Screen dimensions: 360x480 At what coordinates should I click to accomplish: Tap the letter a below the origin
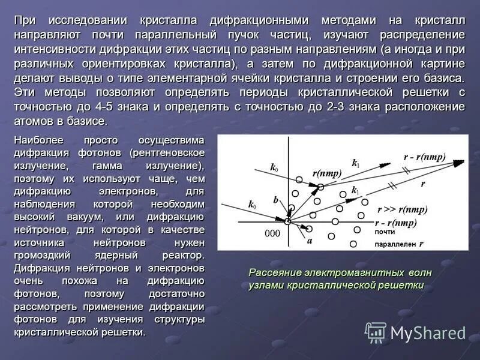(x=310, y=241)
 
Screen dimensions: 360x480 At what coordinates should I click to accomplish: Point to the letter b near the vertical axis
(x=275, y=199)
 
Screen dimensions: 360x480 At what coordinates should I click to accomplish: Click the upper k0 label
(x=274, y=168)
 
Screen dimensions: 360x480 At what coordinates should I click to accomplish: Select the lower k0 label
(x=252, y=205)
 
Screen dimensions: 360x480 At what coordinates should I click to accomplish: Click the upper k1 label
(x=355, y=163)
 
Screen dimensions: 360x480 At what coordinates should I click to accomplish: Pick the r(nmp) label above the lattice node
(x=327, y=173)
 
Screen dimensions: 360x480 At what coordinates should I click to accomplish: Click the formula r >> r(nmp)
(x=402, y=209)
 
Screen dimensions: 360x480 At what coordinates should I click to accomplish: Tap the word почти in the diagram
(x=385, y=232)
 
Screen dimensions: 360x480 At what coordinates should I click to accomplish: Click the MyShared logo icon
(x=376, y=332)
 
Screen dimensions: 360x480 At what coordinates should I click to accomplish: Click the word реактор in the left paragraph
(x=181, y=255)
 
